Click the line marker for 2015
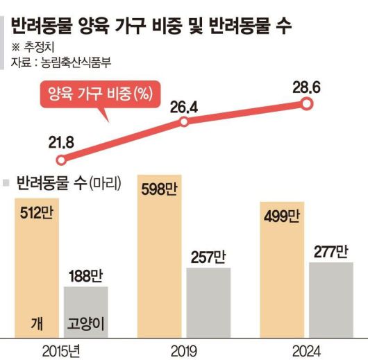coord(61,160)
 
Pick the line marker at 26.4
coord(184,122)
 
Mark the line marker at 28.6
coord(306,103)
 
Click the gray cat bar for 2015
coord(86,311)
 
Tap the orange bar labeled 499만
coord(281,271)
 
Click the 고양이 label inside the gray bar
coord(86,324)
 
